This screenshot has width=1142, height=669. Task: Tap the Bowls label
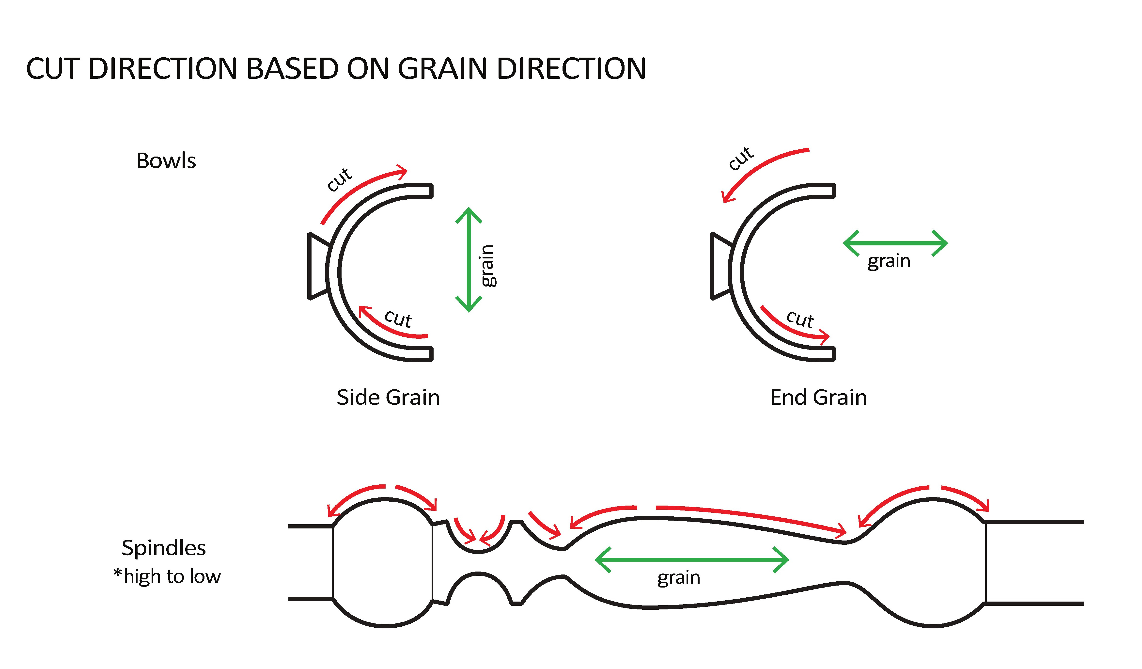pos(166,161)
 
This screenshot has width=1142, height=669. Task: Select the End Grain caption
pos(818,398)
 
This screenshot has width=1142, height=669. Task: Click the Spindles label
pos(164,548)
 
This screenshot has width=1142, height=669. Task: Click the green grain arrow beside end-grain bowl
pos(895,243)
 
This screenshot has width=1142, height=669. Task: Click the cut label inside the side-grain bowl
pos(398,319)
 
